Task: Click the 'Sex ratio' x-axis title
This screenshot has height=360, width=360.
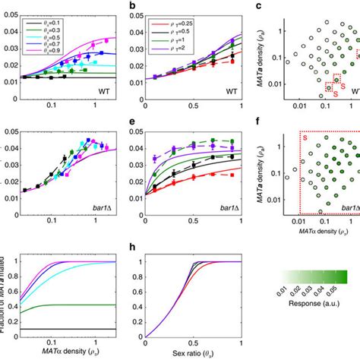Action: (185, 352)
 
